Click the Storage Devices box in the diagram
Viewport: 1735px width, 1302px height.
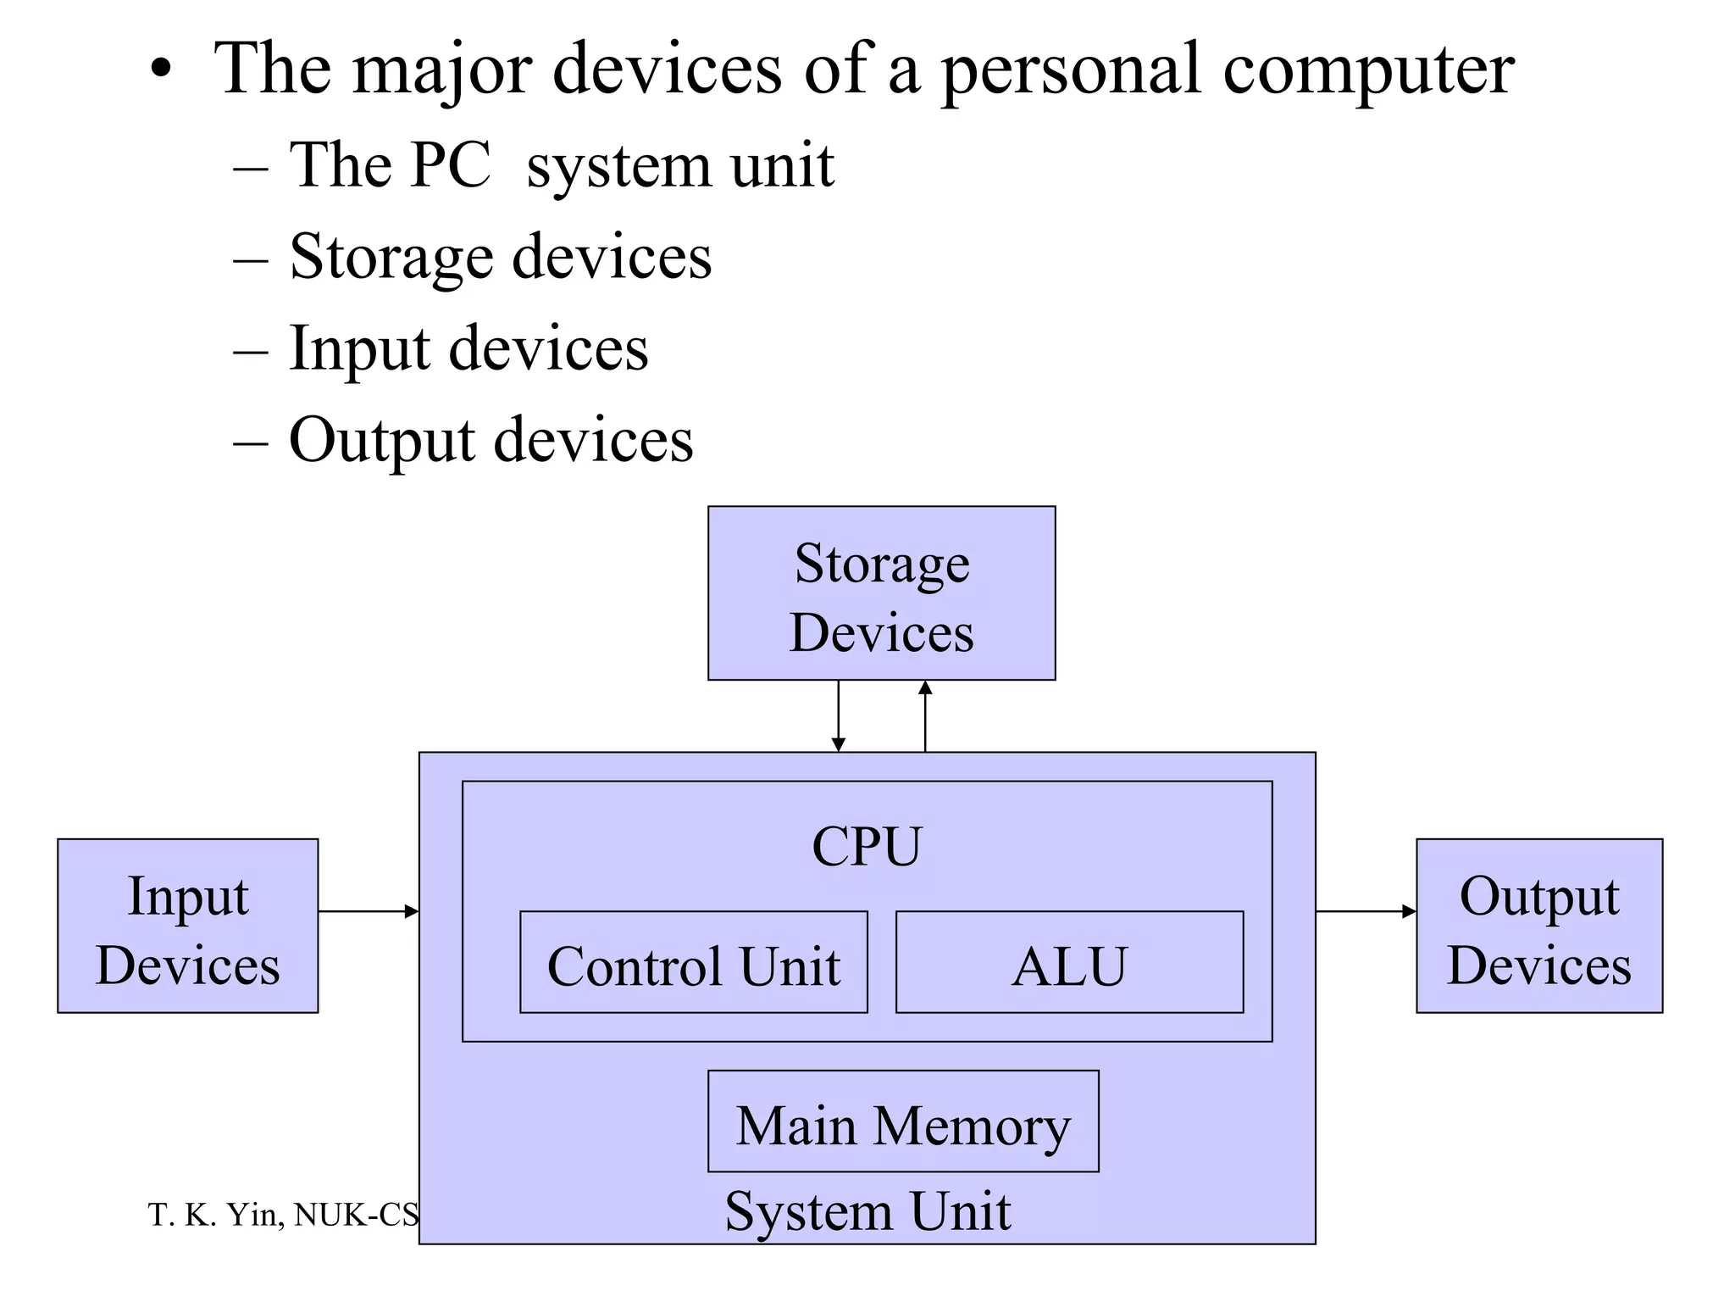click(x=881, y=593)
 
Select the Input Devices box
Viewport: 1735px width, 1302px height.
click(x=187, y=926)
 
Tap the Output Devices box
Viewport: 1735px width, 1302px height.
click(x=1538, y=926)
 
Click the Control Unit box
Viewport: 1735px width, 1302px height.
click(x=693, y=962)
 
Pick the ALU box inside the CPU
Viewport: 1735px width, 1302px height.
click(x=1069, y=962)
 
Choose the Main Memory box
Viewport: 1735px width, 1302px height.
click(x=903, y=1121)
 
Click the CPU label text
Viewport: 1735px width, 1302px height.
click(x=866, y=846)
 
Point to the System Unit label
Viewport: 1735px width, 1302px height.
click(x=867, y=1210)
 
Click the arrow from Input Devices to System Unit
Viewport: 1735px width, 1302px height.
click(x=369, y=911)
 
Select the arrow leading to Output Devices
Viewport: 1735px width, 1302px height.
click(x=1366, y=911)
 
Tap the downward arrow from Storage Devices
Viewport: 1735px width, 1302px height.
click(x=838, y=716)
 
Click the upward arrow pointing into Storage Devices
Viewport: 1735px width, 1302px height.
click(x=925, y=716)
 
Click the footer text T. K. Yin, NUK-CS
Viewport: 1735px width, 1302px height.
click(x=283, y=1215)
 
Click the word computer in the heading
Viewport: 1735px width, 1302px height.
click(x=1368, y=70)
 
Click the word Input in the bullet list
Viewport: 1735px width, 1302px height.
click(x=358, y=348)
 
